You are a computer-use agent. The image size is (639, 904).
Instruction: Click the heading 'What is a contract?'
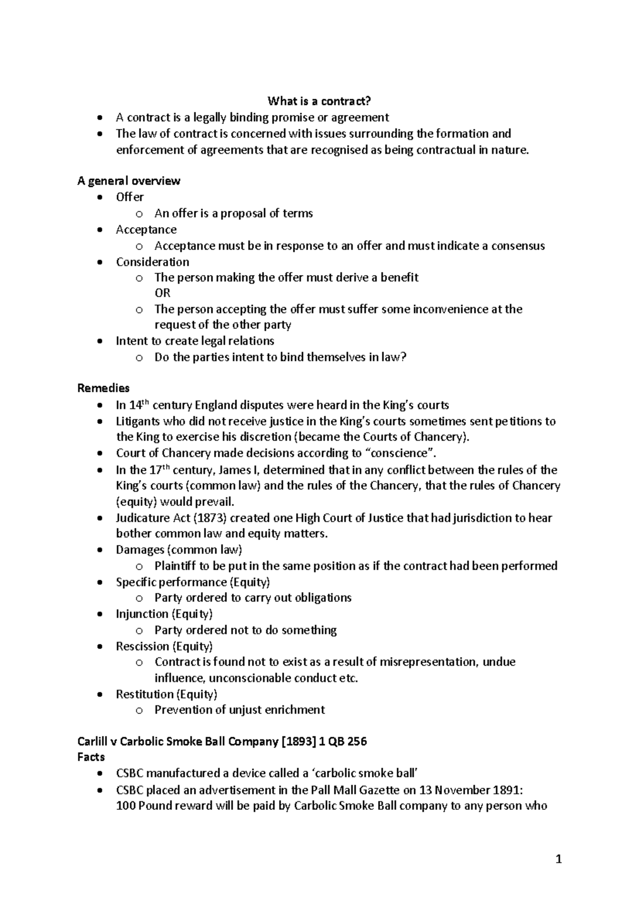(319, 101)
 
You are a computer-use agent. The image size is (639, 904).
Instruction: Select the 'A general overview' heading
(129, 181)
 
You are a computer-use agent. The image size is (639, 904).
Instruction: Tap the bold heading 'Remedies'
(103, 388)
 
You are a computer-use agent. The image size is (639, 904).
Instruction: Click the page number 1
(559, 859)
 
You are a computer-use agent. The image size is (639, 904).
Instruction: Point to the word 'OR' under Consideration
(162, 293)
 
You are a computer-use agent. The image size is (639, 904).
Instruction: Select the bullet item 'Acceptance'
(146, 229)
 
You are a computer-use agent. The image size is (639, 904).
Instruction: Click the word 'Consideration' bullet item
(153, 262)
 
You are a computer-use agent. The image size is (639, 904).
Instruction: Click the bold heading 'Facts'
(91, 757)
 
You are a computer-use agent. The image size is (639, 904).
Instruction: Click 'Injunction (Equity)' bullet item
(165, 614)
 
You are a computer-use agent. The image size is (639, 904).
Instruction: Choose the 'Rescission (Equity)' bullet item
(165, 646)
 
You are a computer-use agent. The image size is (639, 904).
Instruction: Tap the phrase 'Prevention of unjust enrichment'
(240, 710)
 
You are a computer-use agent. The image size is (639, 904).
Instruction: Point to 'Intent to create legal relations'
(195, 341)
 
